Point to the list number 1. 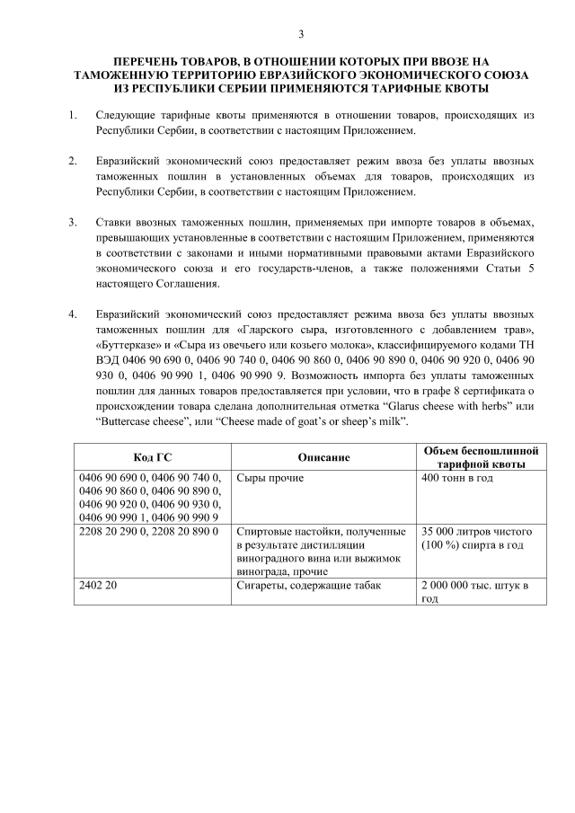coord(72,117)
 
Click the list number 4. coord(72,315)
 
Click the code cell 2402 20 coord(99,586)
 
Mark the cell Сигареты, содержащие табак coord(306,586)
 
